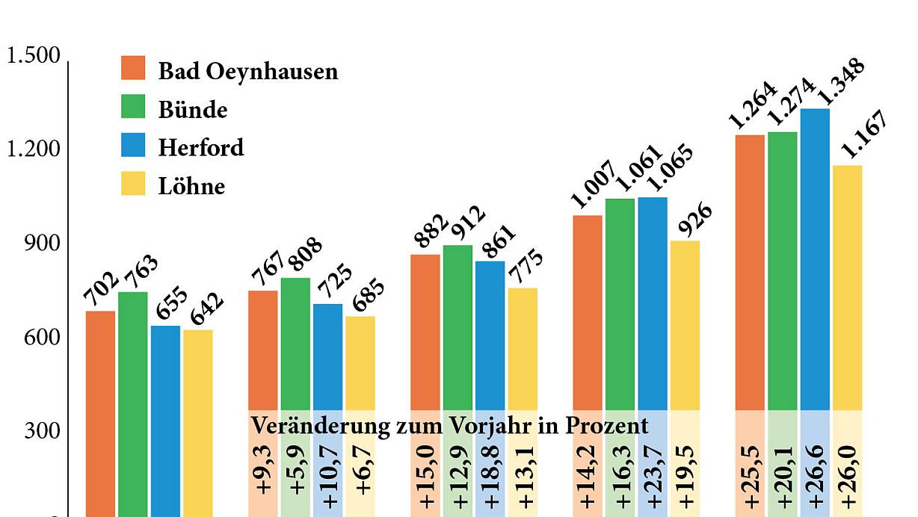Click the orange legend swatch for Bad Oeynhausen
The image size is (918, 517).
tap(133, 67)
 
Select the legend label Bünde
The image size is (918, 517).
tap(192, 110)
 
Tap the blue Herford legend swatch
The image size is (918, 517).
tap(133, 144)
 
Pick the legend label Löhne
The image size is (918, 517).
tap(191, 185)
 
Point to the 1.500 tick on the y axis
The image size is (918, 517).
tap(33, 57)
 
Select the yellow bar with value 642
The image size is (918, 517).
tap(198, 418)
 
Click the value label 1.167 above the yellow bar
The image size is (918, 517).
tap(863, 135)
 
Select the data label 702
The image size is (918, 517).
tap(101, 289)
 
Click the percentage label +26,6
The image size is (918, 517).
tap(816, 475)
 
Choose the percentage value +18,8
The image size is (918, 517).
tap(491, 475)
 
